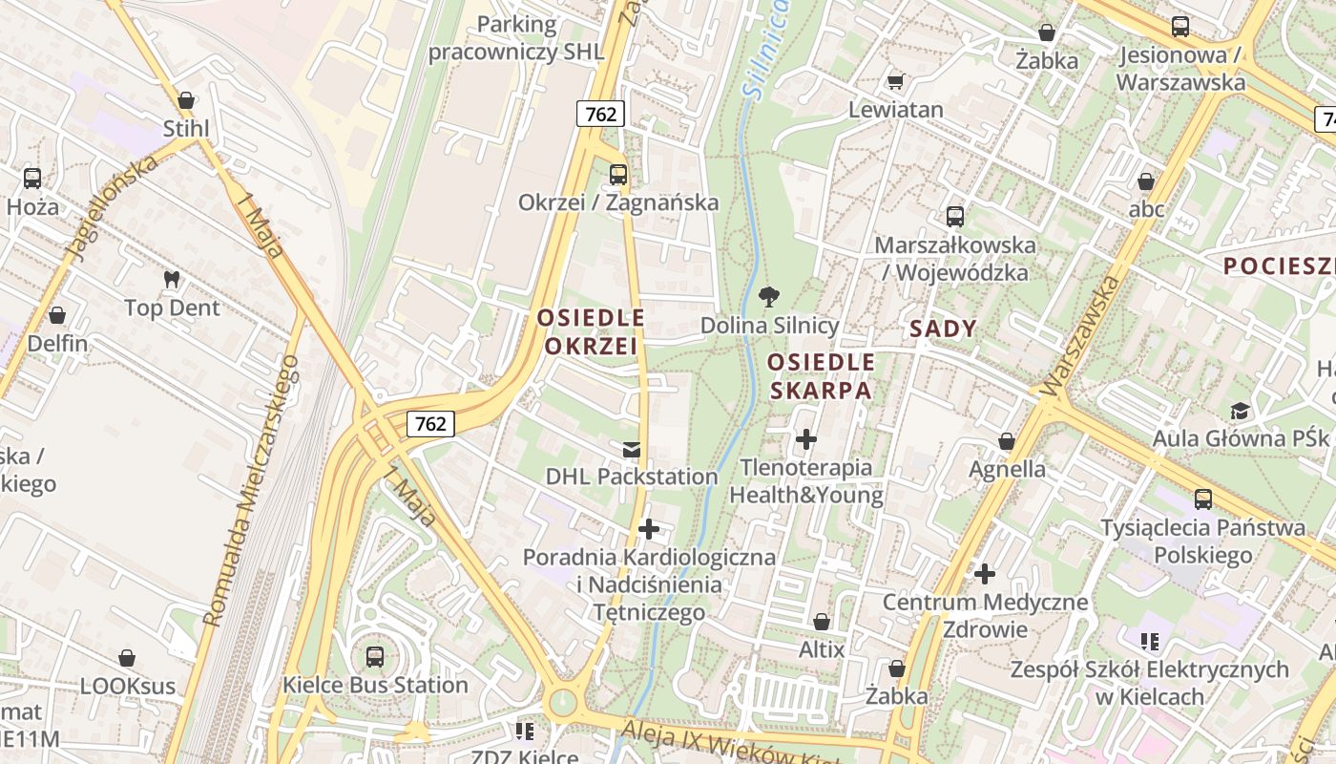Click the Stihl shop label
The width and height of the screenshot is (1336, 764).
click(x=186, y=129)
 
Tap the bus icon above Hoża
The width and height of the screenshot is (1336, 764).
click(x=32, y=178)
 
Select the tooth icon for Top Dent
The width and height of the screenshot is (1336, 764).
click(x=172, y=280)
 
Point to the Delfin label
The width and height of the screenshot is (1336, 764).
click(x=57, y=343)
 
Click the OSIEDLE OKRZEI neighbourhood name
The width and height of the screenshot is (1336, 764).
click(x=591, y=331)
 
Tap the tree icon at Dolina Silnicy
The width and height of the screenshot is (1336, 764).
click(x=767, y=297)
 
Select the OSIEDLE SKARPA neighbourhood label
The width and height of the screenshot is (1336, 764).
click(x=821, y=376)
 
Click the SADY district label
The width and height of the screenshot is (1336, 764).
click(x=944, y=329)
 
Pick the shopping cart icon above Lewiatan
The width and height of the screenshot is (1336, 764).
click(x=895, y=81)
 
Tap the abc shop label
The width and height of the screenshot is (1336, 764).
click(x=1146, y=208)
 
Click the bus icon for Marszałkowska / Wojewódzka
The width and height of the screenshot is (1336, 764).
click(x=955, y=217)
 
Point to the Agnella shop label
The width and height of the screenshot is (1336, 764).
click(x=1007, y=469)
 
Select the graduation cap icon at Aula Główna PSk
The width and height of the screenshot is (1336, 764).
click(x=1240, y=411)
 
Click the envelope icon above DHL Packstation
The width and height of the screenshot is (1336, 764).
click(x=631, y=449)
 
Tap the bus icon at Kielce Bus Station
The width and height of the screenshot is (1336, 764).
click(x=375, y=656)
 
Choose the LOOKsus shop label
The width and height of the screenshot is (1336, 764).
click(x=128, y=686)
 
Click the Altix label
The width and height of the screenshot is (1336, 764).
click(x=822, y=649)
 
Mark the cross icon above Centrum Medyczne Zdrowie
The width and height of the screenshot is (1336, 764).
click(x=985, y=574)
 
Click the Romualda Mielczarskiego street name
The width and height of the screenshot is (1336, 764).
click(x=251, y=492)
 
